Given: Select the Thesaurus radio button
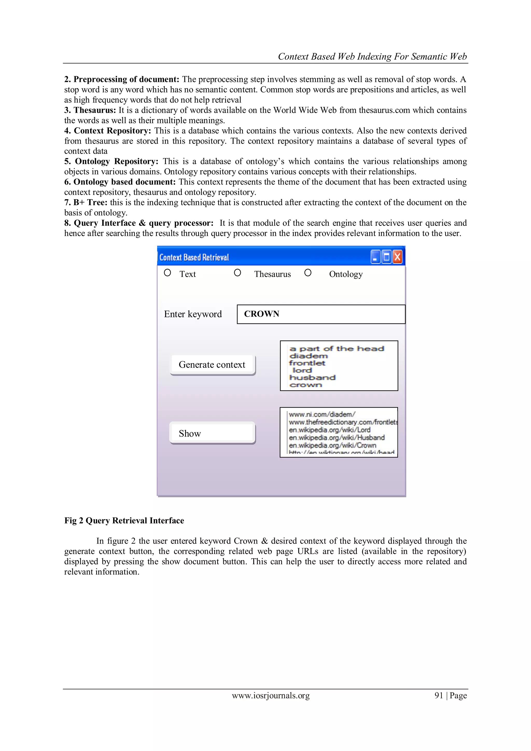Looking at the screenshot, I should [x=237, y=273].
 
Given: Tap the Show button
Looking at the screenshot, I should [x=212, y=433].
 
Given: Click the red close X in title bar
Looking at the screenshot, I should [x=397, y=257].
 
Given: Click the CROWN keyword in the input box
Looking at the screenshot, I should [x=262, y=314].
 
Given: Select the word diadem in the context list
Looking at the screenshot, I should [x=308, y=356].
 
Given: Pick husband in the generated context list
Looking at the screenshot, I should [x=312, y=378].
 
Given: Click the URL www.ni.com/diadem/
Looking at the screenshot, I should [x=322, y=414].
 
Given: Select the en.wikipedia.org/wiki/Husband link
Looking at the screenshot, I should [x=337, y=438].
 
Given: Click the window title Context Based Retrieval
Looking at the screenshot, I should [x=194, y=258].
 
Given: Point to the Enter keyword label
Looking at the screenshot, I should [x=193, y=314].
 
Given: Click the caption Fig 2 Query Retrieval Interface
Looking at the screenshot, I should [x=124, y=520].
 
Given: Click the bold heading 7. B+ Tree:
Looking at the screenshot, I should [x=86, y=203].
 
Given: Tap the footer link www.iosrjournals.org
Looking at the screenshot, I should [x=271, y=696].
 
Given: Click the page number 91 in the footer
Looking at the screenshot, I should [x=438, y=696].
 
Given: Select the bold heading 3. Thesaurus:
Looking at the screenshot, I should [x=90, y=110].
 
